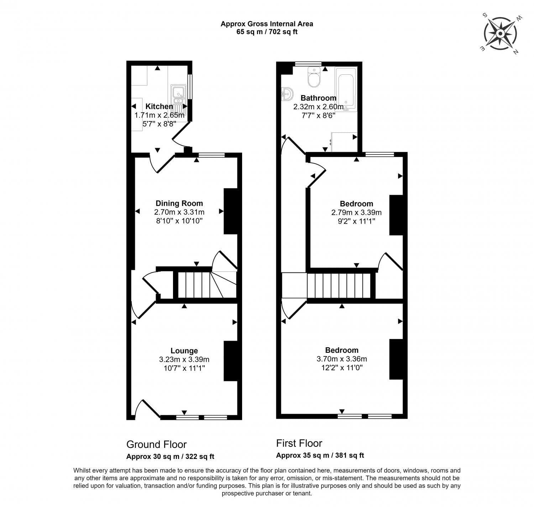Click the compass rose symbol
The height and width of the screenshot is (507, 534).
pos(500,34)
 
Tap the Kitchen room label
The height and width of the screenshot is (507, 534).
pos(159,106)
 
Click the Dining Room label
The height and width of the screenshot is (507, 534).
pos(179,203)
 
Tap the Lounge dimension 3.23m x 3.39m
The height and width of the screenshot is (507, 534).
pos(184,359)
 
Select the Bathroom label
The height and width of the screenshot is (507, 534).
pos(318,98)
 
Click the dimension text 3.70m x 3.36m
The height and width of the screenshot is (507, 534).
pos(342,359)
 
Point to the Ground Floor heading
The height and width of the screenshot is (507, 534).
pos(156,444)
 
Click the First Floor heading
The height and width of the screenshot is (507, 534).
pos(299,443)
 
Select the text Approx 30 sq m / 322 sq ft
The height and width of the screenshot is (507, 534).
pos(170,456)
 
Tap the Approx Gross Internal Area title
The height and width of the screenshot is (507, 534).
pos(267,24)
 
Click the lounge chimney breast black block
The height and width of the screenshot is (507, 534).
pos(230,361)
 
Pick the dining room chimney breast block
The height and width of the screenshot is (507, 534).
pos(230,211)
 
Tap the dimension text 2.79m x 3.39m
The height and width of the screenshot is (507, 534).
pos(356,213)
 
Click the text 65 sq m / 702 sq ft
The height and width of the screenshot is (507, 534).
pos(267,32)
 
